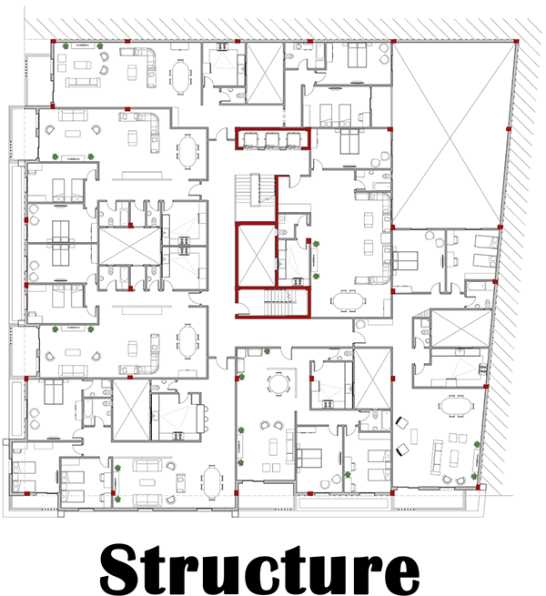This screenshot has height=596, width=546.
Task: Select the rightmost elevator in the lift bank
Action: point(292,138)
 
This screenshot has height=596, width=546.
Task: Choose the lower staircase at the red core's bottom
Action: point(271,303)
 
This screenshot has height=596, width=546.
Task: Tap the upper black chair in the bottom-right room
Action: point(403,422)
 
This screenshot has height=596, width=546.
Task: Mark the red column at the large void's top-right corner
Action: point(516,40)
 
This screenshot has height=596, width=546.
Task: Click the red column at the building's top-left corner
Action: point(54,41)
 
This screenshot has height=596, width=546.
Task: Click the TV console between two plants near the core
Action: point(315,259)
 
